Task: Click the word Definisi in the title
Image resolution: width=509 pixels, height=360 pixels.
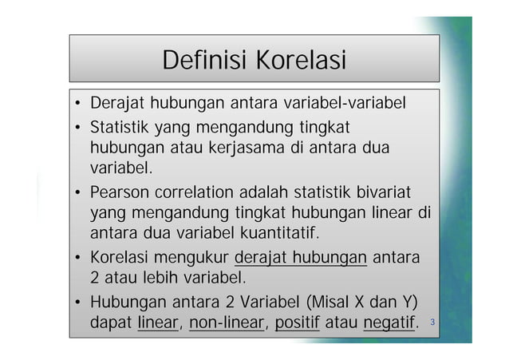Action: tap(203, 60)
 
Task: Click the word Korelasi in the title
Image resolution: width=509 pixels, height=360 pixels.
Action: tap(301, 60)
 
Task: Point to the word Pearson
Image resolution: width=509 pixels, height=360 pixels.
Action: tap(118, 192)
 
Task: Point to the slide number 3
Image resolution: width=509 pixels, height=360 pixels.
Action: tap(432, 322)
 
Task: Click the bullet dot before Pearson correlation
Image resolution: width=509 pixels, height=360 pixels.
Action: tap(79, 193)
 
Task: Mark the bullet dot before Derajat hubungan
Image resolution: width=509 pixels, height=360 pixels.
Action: tap(79, 105)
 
